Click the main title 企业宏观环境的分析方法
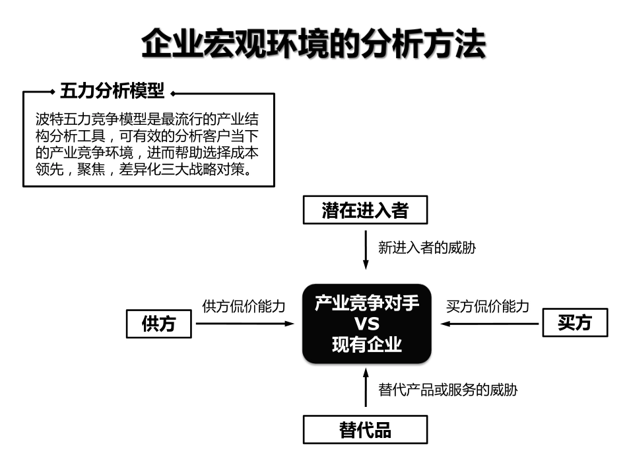click(313, 43)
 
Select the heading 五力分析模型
click(112, 91)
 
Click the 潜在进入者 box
click(365, 209)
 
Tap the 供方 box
click(159, 323)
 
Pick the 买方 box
click(575, 322)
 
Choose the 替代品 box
click(365, 429)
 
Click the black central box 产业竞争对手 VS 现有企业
click(367, 323)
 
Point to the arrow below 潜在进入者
click(366, 250)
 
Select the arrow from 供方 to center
click(245, 323)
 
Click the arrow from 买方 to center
click(490, 323)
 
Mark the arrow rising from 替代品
click(366, 388)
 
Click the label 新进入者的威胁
click(427, 248)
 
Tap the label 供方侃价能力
click(244, 306)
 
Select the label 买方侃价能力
click(488, 306)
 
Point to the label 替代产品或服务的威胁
click(448, 389)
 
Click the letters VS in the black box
click(367, 323)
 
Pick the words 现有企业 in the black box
click(367, 344)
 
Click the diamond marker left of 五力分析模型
click(52, 92)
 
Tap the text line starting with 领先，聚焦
click(145, 169)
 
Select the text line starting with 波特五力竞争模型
click(147, 120)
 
